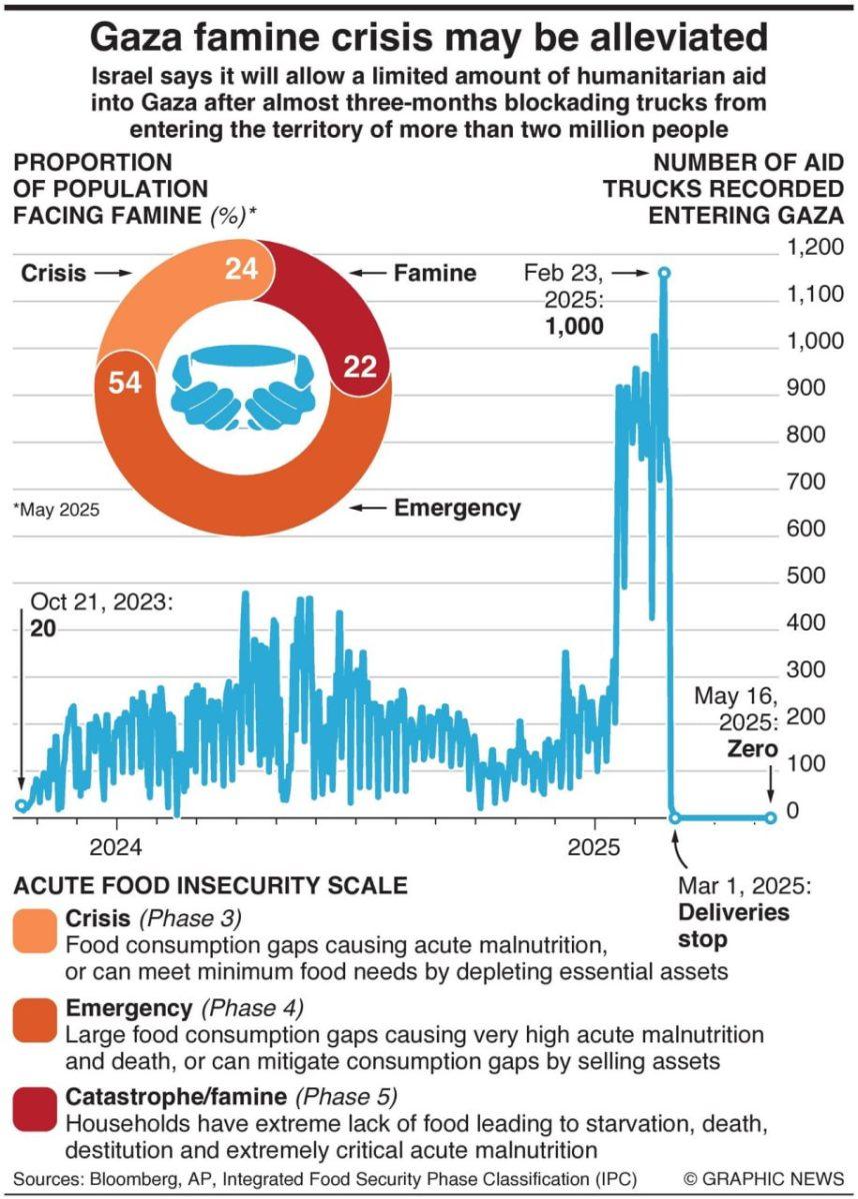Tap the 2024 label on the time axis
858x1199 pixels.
pyautogui.click(x=115, y=848)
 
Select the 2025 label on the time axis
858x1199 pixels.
pyautogui.click(x=595, y=848)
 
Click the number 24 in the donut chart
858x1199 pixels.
pyautogui.click(x=241, y=269)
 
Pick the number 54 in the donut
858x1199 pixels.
pyautogui.click(x=124, y=383)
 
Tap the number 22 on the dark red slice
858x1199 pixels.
pyautogui.click(x=360, y=368)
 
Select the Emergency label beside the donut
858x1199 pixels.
pyautogui.click(x=457, y=509)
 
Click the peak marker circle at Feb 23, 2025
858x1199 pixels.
pyautogui.click(x=663, y=273)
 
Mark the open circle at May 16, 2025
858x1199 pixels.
pyautogui.click(x=771, y=818)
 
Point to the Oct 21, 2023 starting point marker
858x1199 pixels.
pyautogui.click(x=22, y=806)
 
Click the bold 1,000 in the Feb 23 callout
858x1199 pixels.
pyautogui.click(x=574, y=326)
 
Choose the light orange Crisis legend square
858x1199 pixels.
pyautogui.click(x=36, y=931)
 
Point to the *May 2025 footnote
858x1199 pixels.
pyautogui.click(x=56, y=510)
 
